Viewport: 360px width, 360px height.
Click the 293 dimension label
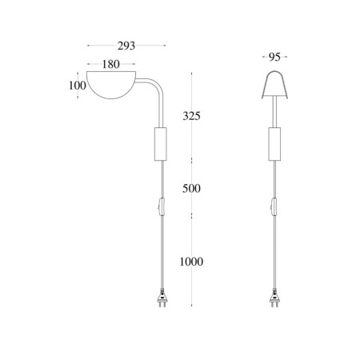tap(126, 46)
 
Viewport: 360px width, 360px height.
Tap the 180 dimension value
tap(111, 64)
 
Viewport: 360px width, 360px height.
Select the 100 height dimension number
tap(78, 86)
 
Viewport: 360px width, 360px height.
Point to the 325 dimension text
tap(191, 116)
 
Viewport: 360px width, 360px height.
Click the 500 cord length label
tap(191, 189)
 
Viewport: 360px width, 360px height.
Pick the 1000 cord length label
tap(191, 262)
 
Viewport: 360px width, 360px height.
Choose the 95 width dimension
tap(274, 57)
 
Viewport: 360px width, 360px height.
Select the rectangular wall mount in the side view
tap(161, 144)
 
